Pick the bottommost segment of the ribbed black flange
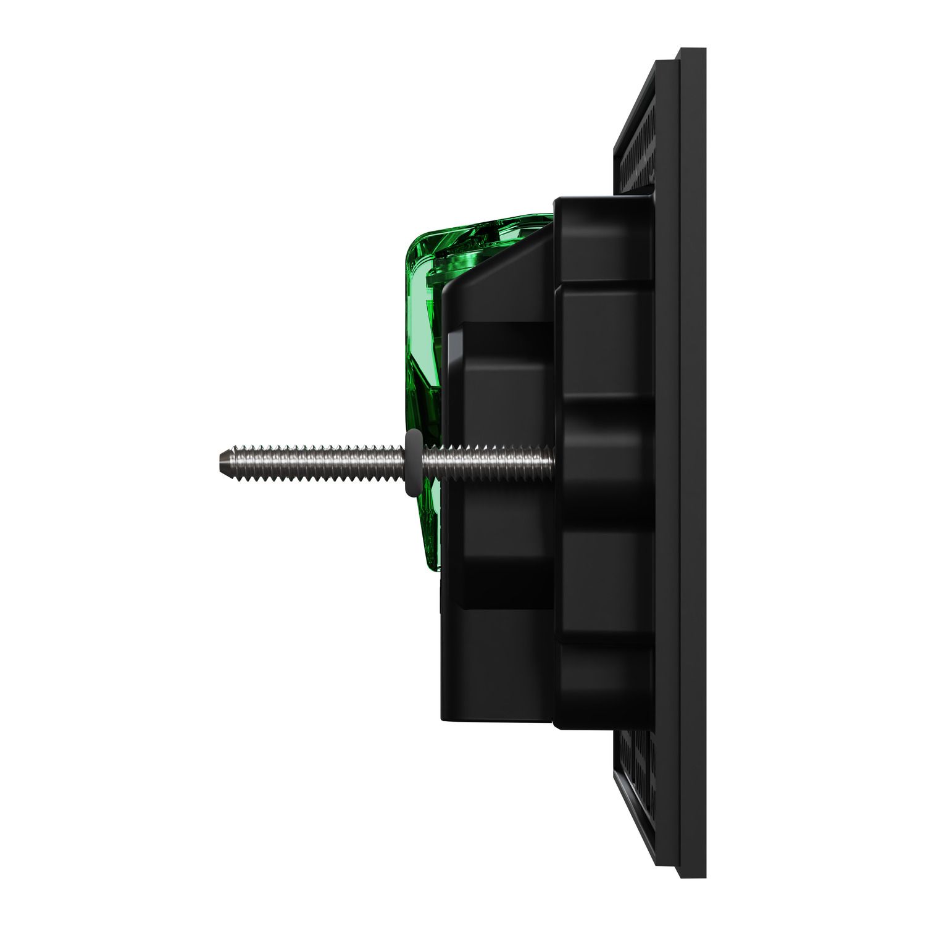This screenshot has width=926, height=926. [605, 685]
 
